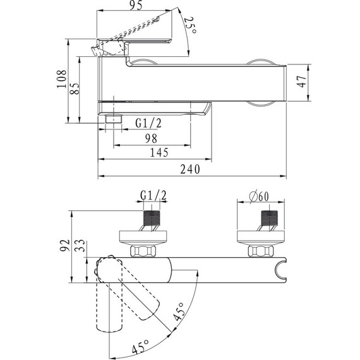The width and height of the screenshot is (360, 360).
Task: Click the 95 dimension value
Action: (x=136, y=5)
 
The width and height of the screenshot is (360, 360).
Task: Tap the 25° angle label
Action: (x=190, y=25)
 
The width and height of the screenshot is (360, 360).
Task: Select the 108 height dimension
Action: (x=62, y=79)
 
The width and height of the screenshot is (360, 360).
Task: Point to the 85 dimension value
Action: (x=75, y=88)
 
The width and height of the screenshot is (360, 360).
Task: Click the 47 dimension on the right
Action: (x=301, y=81)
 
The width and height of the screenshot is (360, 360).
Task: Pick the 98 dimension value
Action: (x=152, y=138)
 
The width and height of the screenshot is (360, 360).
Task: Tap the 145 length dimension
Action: (x=159, y=152)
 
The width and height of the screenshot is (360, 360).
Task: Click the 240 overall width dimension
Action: (x=190, y=169)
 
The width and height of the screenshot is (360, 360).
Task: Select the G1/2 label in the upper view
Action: (x=148, y=123)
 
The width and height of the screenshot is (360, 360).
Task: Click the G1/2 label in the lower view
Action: (x=153, y=196)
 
